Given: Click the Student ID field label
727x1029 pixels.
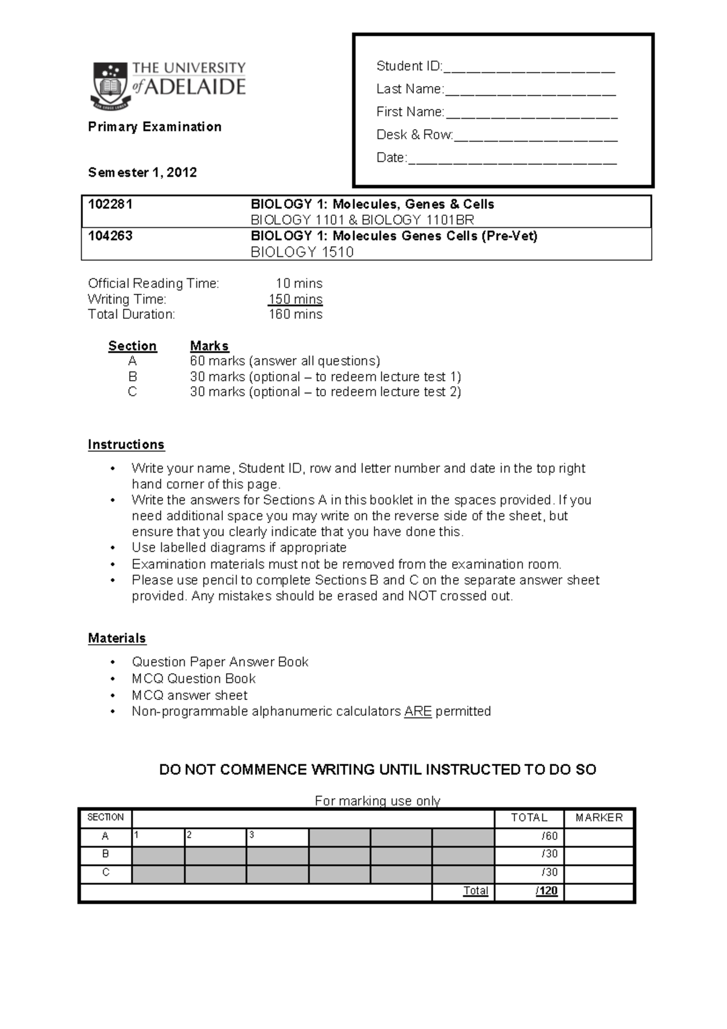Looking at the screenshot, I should [x=409, y=66].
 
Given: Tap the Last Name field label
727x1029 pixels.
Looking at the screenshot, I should [x=410, y=89].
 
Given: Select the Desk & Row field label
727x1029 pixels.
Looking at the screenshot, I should [x=414, y=135].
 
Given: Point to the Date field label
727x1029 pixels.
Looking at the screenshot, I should [x=391, y=158].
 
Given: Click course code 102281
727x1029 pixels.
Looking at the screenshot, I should [x=110, y=204].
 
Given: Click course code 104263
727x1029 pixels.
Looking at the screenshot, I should [x=110, y=236].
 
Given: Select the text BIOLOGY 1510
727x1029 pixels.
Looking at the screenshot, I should [x=302, y=252].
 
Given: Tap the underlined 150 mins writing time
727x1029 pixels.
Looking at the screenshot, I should [x=295, y=299].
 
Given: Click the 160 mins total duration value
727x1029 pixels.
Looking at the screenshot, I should [x=295, y=315].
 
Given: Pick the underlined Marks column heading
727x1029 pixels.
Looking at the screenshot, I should [x=209, y=346].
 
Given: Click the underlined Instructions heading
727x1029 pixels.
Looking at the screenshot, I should [x=126, y=445].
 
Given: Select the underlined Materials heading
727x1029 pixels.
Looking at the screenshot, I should [x=117, y=638].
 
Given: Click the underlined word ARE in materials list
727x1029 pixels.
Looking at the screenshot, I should [x=417, y=711].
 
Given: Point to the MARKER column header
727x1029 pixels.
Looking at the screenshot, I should [x=599, y=818].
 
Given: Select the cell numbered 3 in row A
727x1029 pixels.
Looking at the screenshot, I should [x=277, y=837].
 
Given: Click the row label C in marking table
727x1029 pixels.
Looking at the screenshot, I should [x=105, y=873].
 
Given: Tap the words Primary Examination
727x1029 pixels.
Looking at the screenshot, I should [x=154, y=127].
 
